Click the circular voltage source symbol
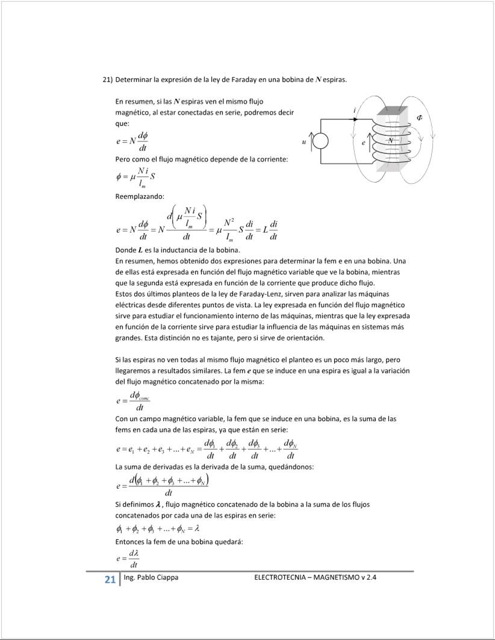point(320,142)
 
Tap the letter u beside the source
point(304,142)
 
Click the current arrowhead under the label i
point(356,119)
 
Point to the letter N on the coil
point(390,140)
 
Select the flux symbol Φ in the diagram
point(420,118)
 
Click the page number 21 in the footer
point(110,580)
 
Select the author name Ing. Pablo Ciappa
point(151,578)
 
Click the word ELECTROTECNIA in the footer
point(281,578)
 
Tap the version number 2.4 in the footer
point(378,578)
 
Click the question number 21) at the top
point(108,80)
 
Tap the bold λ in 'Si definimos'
point(157,504)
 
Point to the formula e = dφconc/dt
point(133,401)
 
